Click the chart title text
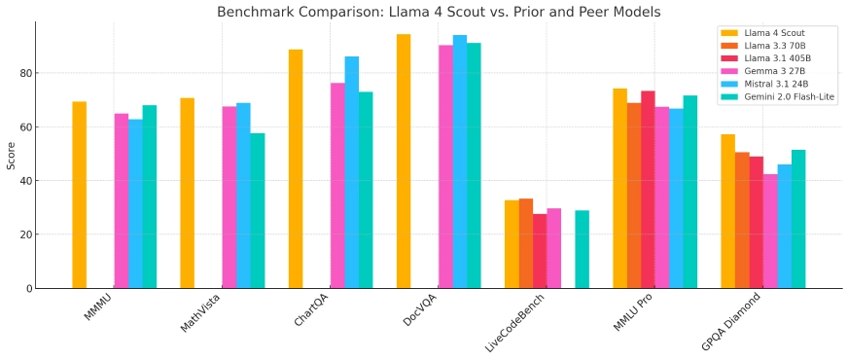[x=439, y=12]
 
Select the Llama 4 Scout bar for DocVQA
[x=403, y=161]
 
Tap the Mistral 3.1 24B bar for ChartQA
[x=351, y=172]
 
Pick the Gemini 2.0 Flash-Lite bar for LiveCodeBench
[x=582, y=249]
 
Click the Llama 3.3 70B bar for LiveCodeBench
[x=525, y=243]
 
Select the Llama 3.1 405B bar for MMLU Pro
[x=648, y=189]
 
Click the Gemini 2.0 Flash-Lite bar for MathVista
[x=258, y=210]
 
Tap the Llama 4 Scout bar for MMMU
[x=79, y=195]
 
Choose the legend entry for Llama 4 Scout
[x=775, y=33]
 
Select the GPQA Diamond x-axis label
[x=729, y=322]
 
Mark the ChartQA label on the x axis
[x=311, y=311]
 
